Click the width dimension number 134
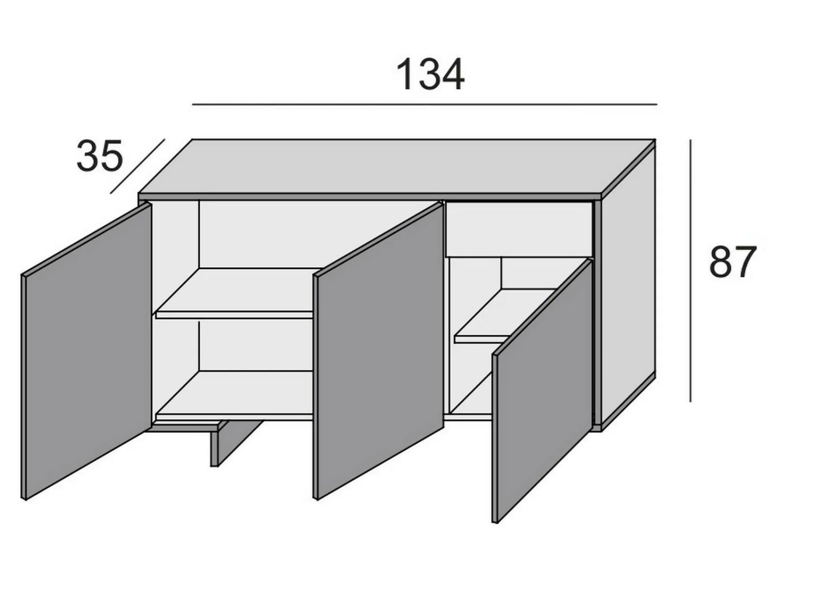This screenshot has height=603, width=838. click(430, 75)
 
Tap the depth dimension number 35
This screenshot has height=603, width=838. click(100, 156)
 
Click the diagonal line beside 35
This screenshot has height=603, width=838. click(137, 166)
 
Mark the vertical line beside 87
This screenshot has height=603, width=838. click(691, 271)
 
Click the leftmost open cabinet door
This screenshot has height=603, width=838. click(86, 351)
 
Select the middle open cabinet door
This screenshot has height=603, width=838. click(378, 351)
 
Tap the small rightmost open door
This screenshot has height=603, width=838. click(543, 391)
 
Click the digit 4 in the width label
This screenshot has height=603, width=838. click(453, 75)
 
